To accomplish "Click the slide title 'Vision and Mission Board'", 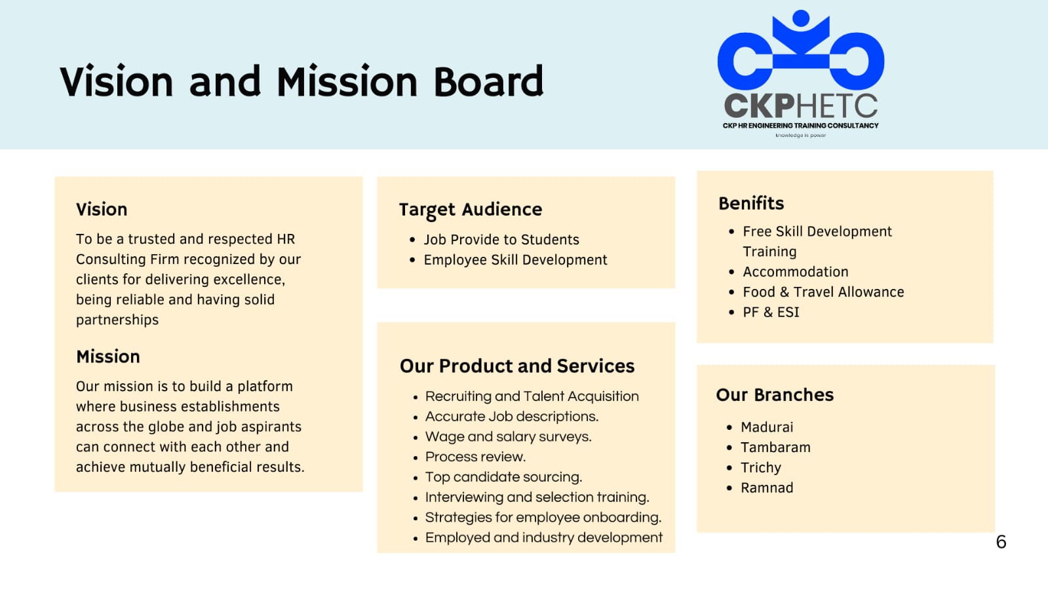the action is tap(301, 81).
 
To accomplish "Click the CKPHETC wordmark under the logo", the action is tap(800, 105).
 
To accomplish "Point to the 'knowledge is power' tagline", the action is tap(800, 135).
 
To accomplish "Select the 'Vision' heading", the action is tap(102, 209).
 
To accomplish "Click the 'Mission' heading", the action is tap(108, 356).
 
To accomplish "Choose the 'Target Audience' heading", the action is tap(470, 210).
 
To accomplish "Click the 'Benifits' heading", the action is tap(751, 204).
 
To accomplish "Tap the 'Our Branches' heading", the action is tap(775, 395).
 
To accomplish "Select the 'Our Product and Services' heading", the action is tap(517, 366).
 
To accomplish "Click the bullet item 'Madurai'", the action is tap(767, 427).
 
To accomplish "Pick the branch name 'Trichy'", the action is tap(761, 468).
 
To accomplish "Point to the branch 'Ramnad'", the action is tap(767, 488).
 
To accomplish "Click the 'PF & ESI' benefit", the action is tap(771, 312).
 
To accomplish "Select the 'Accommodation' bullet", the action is tap(796, 272).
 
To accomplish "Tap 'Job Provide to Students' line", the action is tap(501, 240).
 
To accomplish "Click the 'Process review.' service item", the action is tap(475, 457).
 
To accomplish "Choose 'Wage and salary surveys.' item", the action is tap(508, 436).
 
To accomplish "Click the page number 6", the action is tap(1001, 542).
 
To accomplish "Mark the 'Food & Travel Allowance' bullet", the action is tap(823, 292).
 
